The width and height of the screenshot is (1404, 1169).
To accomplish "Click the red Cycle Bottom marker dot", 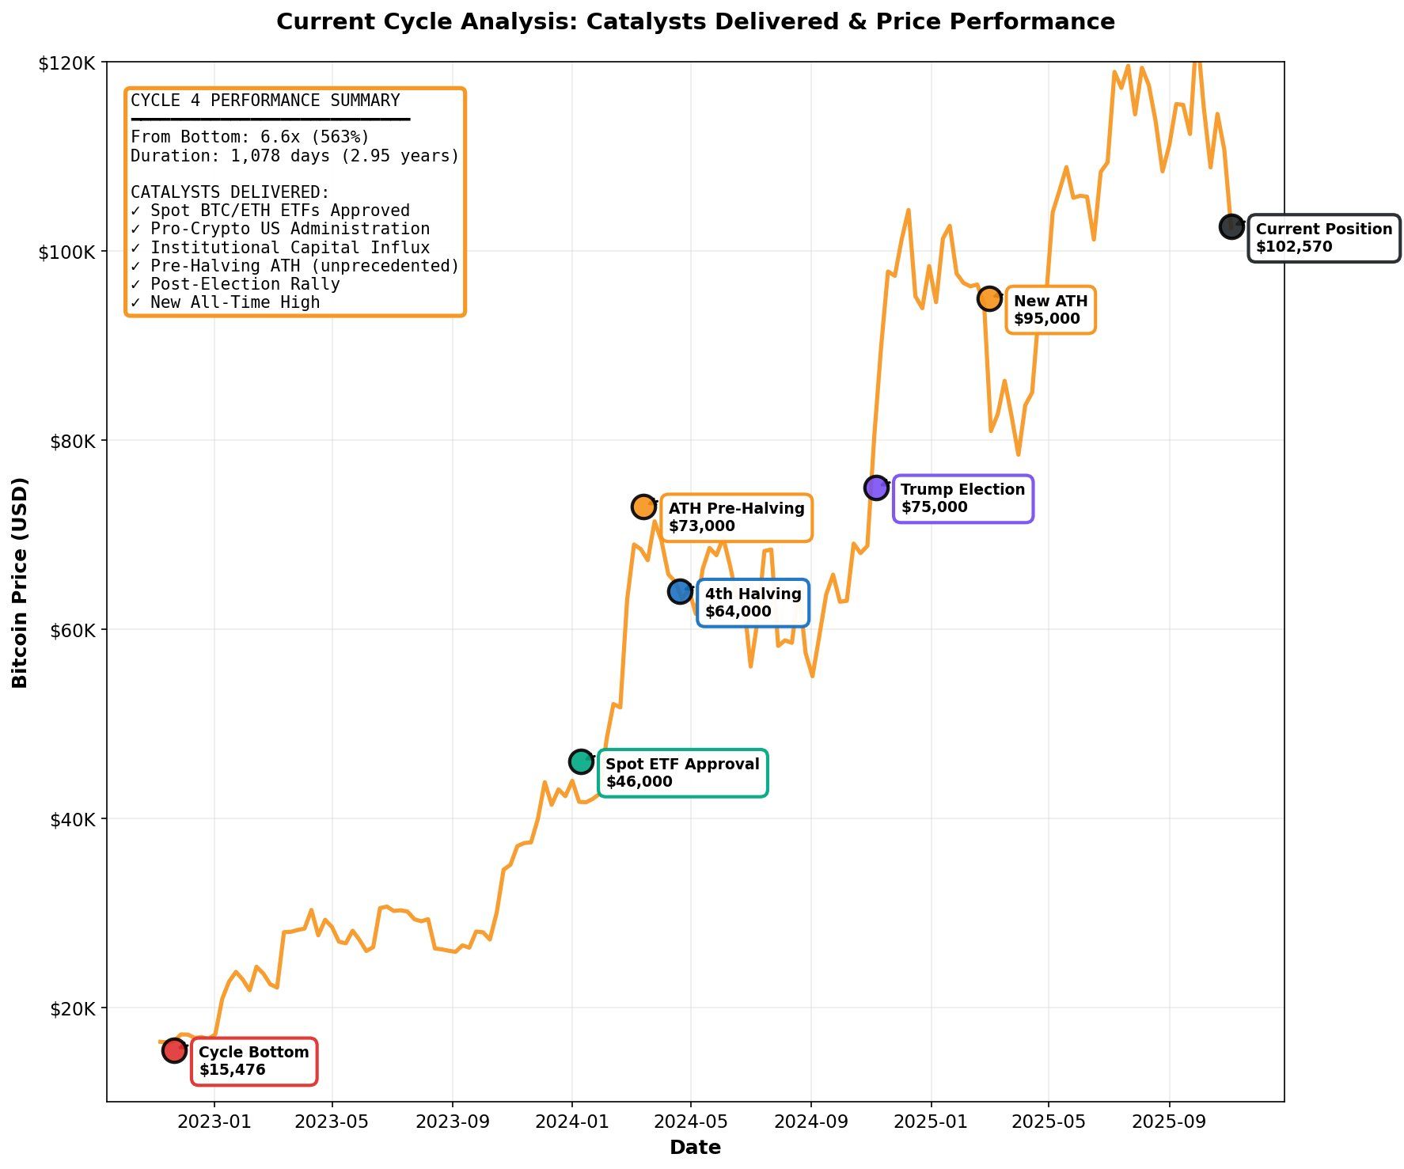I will pos(174,1050).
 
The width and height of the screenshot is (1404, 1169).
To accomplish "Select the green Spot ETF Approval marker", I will pos(581,761).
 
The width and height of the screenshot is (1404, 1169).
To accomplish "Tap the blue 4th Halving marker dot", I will pos(680,590).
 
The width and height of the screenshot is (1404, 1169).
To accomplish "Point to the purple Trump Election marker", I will pos(876,488).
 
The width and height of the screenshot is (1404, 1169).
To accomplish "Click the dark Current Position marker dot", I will pos(1231,226).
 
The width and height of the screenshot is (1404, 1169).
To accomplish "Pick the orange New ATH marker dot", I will pos(989,299).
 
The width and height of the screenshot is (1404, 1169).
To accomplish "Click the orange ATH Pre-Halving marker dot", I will pos(643,507).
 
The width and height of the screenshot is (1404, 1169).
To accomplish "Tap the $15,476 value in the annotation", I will pos(232,1070).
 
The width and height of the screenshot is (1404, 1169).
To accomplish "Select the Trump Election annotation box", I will pos(962,499).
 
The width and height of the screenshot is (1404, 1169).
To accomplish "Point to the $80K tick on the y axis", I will pos(72,441).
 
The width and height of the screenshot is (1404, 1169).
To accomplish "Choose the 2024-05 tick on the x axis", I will pos(691,1122).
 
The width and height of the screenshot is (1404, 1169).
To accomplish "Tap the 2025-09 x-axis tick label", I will pos(1169,1122).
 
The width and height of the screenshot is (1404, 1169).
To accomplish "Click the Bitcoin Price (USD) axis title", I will pos(21,582).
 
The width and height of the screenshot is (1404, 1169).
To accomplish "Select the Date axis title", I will pos(695,1148).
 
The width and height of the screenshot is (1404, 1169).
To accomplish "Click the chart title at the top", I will pos(695,22).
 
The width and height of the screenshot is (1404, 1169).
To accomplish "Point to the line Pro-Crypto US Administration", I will pos(280,229).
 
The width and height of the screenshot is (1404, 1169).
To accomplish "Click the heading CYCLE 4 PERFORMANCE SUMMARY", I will pos(265,101).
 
